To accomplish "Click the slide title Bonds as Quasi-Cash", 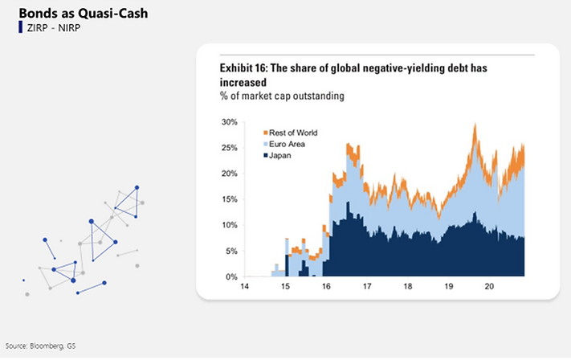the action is [84, 13].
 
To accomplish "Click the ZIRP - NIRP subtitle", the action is [54, 27].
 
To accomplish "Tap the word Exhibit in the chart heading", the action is [235, 67].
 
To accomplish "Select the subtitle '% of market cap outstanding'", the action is [282, 96].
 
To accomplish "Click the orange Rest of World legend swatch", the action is [266, 133].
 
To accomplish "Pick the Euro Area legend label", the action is [287, 144].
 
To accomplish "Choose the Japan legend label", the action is [280, 155].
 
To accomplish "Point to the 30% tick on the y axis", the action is [230, 122].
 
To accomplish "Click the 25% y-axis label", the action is [230, 148].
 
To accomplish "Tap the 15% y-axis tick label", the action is [230, 199].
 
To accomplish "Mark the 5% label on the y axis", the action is [231, 251].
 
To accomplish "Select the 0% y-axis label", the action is [231, 277].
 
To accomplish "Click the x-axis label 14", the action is [244, 286].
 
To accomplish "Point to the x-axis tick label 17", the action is [367, 286].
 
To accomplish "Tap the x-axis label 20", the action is [489, 286].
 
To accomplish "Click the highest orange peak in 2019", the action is [475, 125].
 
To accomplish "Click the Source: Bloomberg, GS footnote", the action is [40, 346].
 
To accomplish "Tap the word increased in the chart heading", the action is [243, 82].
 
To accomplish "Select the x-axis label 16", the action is [326, 286].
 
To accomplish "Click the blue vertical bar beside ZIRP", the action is [20, 27].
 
